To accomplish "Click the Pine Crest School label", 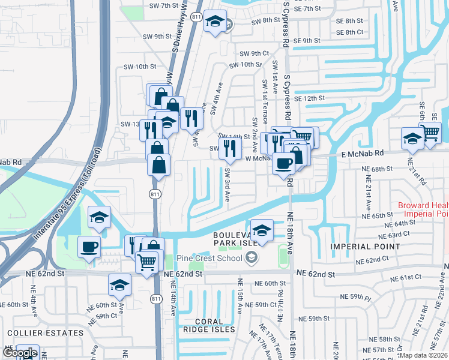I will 208,259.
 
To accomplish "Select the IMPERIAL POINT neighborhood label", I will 364,247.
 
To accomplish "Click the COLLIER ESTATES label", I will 45,332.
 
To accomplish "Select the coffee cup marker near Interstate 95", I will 89,246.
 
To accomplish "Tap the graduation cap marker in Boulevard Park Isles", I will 262,230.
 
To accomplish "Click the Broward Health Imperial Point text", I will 423,209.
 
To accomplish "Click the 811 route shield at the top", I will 196,17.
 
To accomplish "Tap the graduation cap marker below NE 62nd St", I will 119,284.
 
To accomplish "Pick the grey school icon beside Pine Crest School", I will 252,259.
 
